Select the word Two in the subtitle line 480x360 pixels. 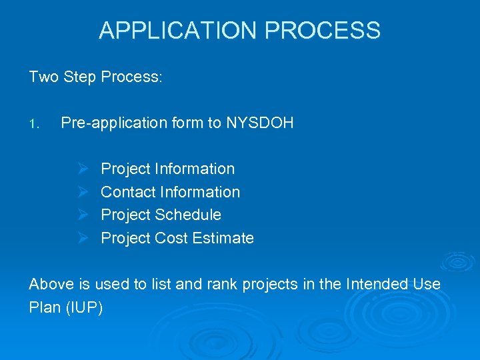(44, 77)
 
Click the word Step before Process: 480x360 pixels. (81, 77)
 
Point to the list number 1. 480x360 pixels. (35, 124)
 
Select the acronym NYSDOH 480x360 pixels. (260, 123)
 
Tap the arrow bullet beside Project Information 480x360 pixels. (83, 169)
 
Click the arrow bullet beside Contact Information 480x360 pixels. (83, 193)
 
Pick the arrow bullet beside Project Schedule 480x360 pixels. (83, 215)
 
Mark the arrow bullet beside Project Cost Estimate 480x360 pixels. (83, 239)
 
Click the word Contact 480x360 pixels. (125, 193)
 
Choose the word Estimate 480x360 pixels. (223, 239)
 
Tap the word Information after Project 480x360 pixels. (195, 169)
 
